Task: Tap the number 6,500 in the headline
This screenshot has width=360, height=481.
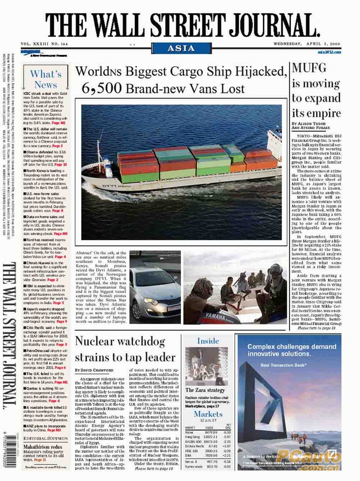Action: coord(102,88)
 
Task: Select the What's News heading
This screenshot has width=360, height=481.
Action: coord(46,79)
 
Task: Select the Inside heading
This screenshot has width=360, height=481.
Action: coord(208,340)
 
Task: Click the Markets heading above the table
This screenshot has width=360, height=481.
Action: coord(208,414)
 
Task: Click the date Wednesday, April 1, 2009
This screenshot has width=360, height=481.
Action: coord(307,44)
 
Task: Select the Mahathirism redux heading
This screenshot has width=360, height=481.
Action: coord(43,447)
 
